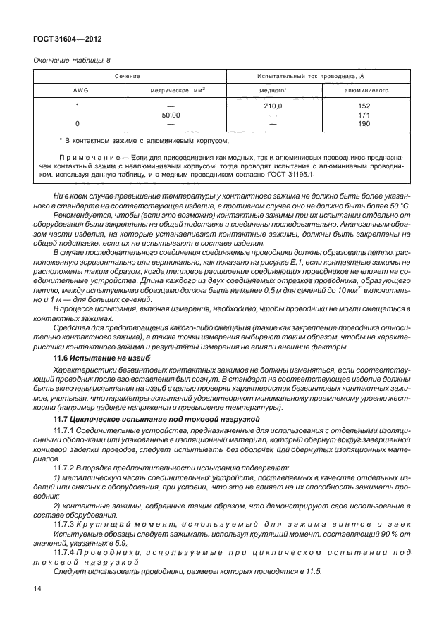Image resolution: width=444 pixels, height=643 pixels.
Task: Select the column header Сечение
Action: coord(128,75)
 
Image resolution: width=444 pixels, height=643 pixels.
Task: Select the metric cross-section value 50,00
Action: coord(171,114)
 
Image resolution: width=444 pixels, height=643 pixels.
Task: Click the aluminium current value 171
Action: coord(364,114)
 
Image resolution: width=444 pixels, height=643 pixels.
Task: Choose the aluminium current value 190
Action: coord(364,123)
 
